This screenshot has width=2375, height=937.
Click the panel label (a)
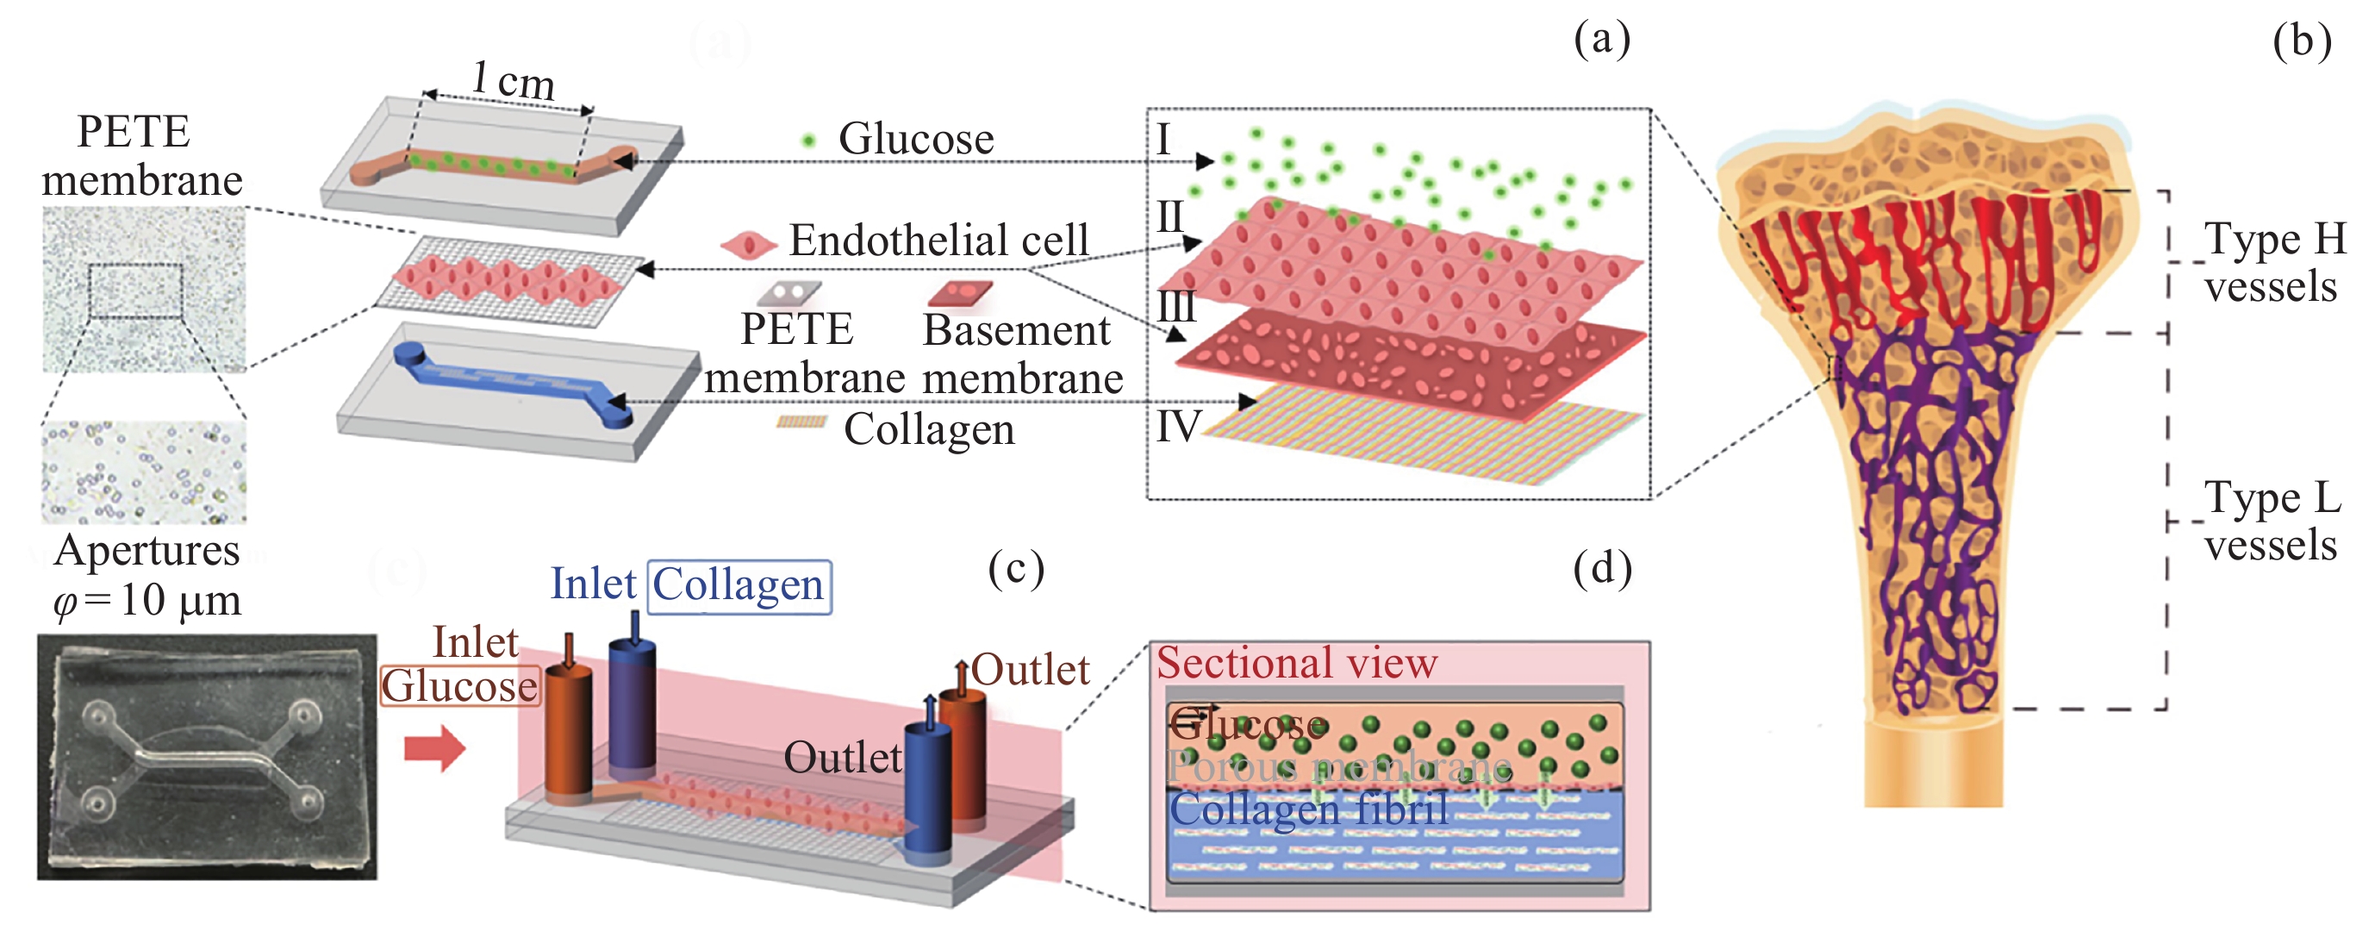[x=1601, y=40]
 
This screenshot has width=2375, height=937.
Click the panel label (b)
[x=2301, y=41]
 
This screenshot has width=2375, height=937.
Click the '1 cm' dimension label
[x=513, y=81]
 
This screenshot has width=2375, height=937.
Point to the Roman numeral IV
[x=1178, y=427]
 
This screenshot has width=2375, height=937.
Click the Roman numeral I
[x=1163, y=141]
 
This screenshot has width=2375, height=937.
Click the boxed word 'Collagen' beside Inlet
[x=739, y=585]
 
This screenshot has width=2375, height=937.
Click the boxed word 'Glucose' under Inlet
[x=459, y=686]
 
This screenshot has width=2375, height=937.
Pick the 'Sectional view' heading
[x=1296, y=663]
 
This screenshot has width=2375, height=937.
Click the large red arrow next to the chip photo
[x=435, y=746]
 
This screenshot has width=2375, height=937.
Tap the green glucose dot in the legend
[x=808, y=141]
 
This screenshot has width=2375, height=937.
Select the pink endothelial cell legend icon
[x=748, y=246]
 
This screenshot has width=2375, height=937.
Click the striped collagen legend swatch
[x=801, y=422]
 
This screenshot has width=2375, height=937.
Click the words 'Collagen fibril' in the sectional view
[x=1308, y=809]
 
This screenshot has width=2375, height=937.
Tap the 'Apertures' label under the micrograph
[x=147, y=552]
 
